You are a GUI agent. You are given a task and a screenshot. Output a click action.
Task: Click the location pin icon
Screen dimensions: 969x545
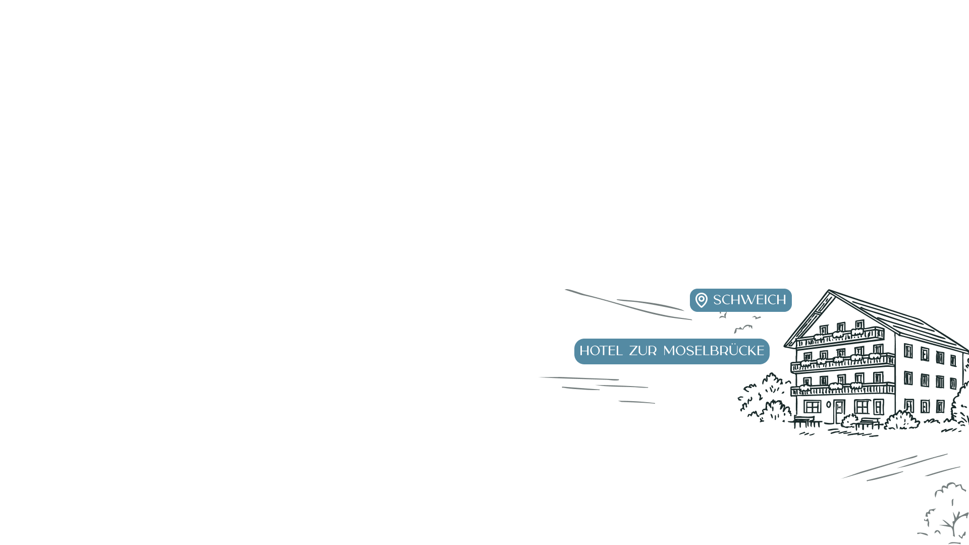(701, 300)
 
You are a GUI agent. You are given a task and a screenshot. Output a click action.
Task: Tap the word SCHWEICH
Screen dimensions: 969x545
(749, 300)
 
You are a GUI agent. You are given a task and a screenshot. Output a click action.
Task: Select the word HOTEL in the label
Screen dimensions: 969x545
(601, 351)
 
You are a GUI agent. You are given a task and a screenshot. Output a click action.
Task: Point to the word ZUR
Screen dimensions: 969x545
(642, 351)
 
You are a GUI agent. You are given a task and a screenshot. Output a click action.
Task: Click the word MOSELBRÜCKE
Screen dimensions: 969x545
(714, 351)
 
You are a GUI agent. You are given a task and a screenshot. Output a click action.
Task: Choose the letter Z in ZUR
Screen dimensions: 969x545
(634, 351)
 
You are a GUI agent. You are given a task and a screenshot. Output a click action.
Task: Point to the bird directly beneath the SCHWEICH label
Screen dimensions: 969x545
(723, 316)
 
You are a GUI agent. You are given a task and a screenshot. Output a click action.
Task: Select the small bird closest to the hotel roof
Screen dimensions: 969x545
(756, 317)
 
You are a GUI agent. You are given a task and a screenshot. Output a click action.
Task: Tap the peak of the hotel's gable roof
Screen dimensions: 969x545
(829, 291)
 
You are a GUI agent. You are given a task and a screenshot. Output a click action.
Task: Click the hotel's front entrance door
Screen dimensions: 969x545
(839, 411)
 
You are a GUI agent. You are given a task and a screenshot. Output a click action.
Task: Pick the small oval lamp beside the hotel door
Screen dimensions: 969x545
(828, 405)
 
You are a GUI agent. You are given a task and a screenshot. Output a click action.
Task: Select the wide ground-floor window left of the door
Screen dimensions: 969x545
(812, 407)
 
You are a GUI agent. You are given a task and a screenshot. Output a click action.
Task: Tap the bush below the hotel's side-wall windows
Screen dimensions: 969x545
(902, 420)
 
